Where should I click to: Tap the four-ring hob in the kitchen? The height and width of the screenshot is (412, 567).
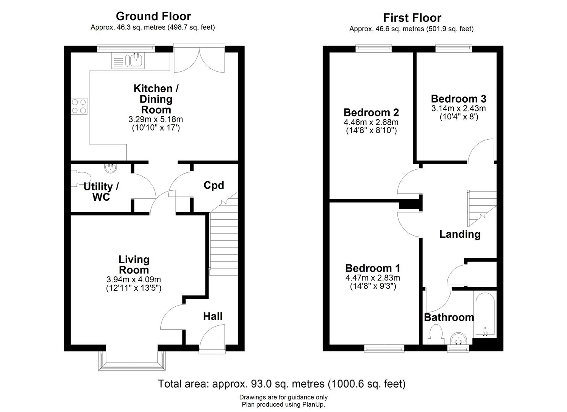(x=79, y=106)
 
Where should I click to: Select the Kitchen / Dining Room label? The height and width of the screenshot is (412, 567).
(x=156, y=99)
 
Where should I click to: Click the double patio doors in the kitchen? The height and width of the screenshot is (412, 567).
(x=199, y=59)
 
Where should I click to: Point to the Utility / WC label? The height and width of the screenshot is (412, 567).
(x=101, y=192)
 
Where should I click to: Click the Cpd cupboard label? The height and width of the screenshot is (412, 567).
(x=213, y=185)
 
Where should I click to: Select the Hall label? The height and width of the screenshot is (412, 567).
(x=213, y=316)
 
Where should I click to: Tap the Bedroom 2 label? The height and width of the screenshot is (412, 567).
(x=371, y=113)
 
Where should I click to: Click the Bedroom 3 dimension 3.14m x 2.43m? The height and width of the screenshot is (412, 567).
(x=459, y=108)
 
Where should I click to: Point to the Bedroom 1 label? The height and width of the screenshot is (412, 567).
(x=373, y=268)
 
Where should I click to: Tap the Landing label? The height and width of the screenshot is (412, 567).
(x=460, y=234)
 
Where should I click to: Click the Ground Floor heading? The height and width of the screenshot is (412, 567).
(x=153, y=16)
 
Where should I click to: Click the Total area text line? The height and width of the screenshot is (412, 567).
(x=282, y=383)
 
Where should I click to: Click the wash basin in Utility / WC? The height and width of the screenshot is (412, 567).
(x=111, y=167)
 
